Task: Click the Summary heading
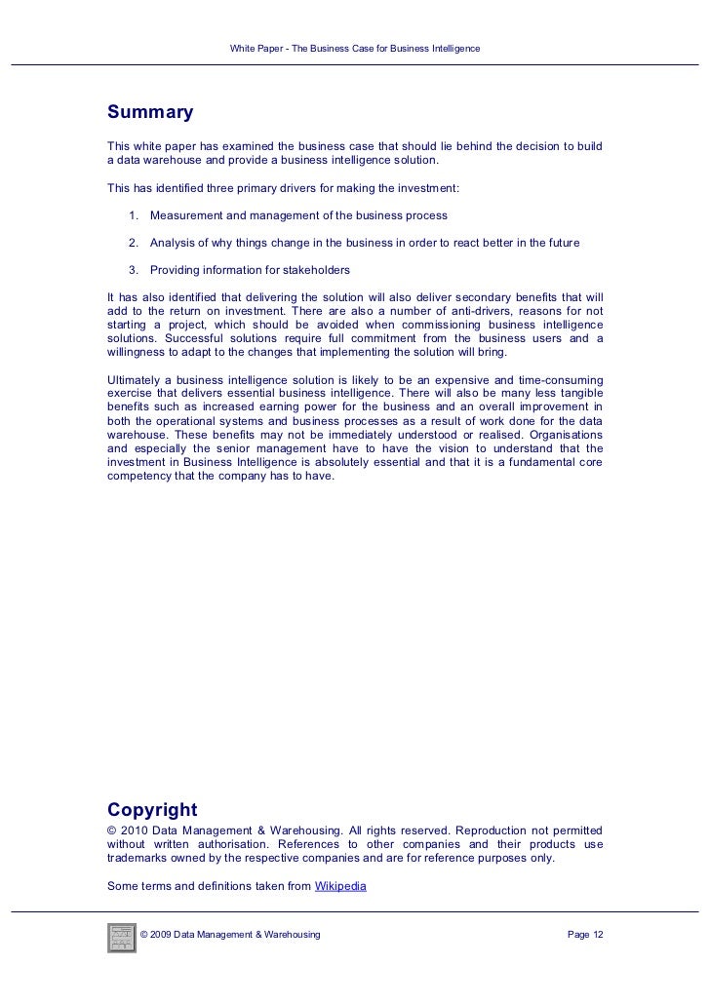[150, 113]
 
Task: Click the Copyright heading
[152, 810]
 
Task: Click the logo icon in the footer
[122, 936]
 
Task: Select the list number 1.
[133, 215]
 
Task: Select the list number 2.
[133, 243]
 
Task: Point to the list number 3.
[133, 270]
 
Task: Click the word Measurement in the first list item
[187, 215]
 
